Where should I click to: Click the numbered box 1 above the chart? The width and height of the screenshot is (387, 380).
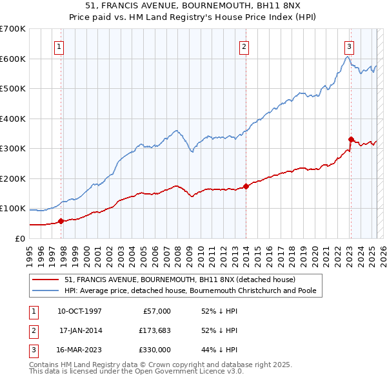(x=59, y=46)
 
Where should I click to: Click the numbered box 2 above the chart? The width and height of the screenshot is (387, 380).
(x=244, y=46)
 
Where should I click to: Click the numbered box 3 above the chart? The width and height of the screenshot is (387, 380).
(x=349, y=46)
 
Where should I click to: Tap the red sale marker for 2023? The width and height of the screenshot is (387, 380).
(x=351, y=139)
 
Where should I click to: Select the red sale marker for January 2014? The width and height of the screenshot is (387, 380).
(x=246, y=187)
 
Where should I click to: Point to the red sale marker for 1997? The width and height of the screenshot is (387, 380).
(x=61, y=221)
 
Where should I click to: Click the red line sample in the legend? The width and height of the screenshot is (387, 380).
(x=45, y=280)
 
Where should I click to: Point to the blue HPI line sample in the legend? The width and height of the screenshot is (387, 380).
(x=45, y=290)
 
